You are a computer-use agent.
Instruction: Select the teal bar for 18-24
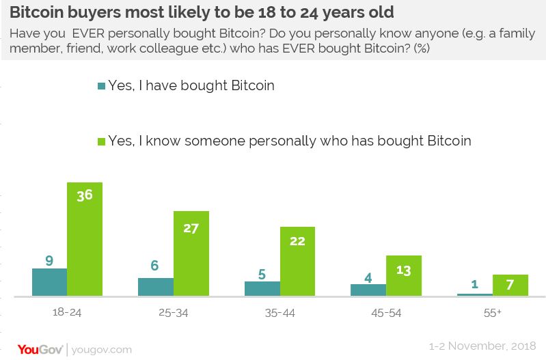point(49,282)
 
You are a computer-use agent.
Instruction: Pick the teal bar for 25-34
point(155,287)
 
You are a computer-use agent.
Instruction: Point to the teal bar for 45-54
point(368,290)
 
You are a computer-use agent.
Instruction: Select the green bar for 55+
point(510,285)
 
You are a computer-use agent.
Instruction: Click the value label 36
point(85,194)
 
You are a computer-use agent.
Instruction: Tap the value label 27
point(191,227)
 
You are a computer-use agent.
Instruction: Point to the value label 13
point(403,270)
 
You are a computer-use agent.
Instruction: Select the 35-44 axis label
point(279,313)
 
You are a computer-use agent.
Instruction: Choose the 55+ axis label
point(492,313)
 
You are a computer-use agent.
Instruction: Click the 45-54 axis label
point(385,313)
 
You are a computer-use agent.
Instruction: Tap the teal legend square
point(102,86)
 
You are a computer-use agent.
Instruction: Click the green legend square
point(102,141)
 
